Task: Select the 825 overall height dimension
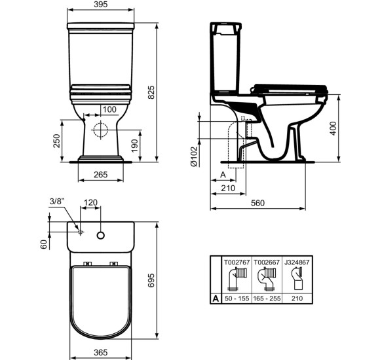coord(151,94)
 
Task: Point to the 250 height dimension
coord(56,141)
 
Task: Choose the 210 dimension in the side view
coord(227,189)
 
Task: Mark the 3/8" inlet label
coord(57,202)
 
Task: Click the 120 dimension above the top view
coord(90,202)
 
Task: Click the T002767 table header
coord(236,261)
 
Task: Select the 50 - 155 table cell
coord(236,297)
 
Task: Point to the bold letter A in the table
coord(216,297)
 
